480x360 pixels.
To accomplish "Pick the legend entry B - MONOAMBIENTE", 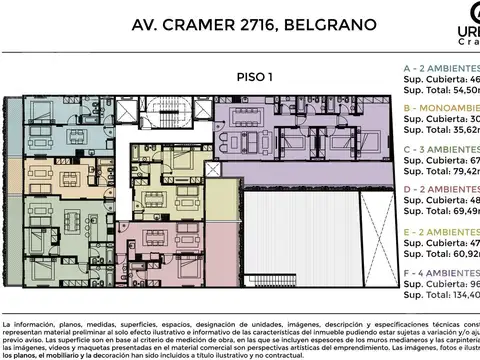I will pyautogui.click(x=440, y=103).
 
